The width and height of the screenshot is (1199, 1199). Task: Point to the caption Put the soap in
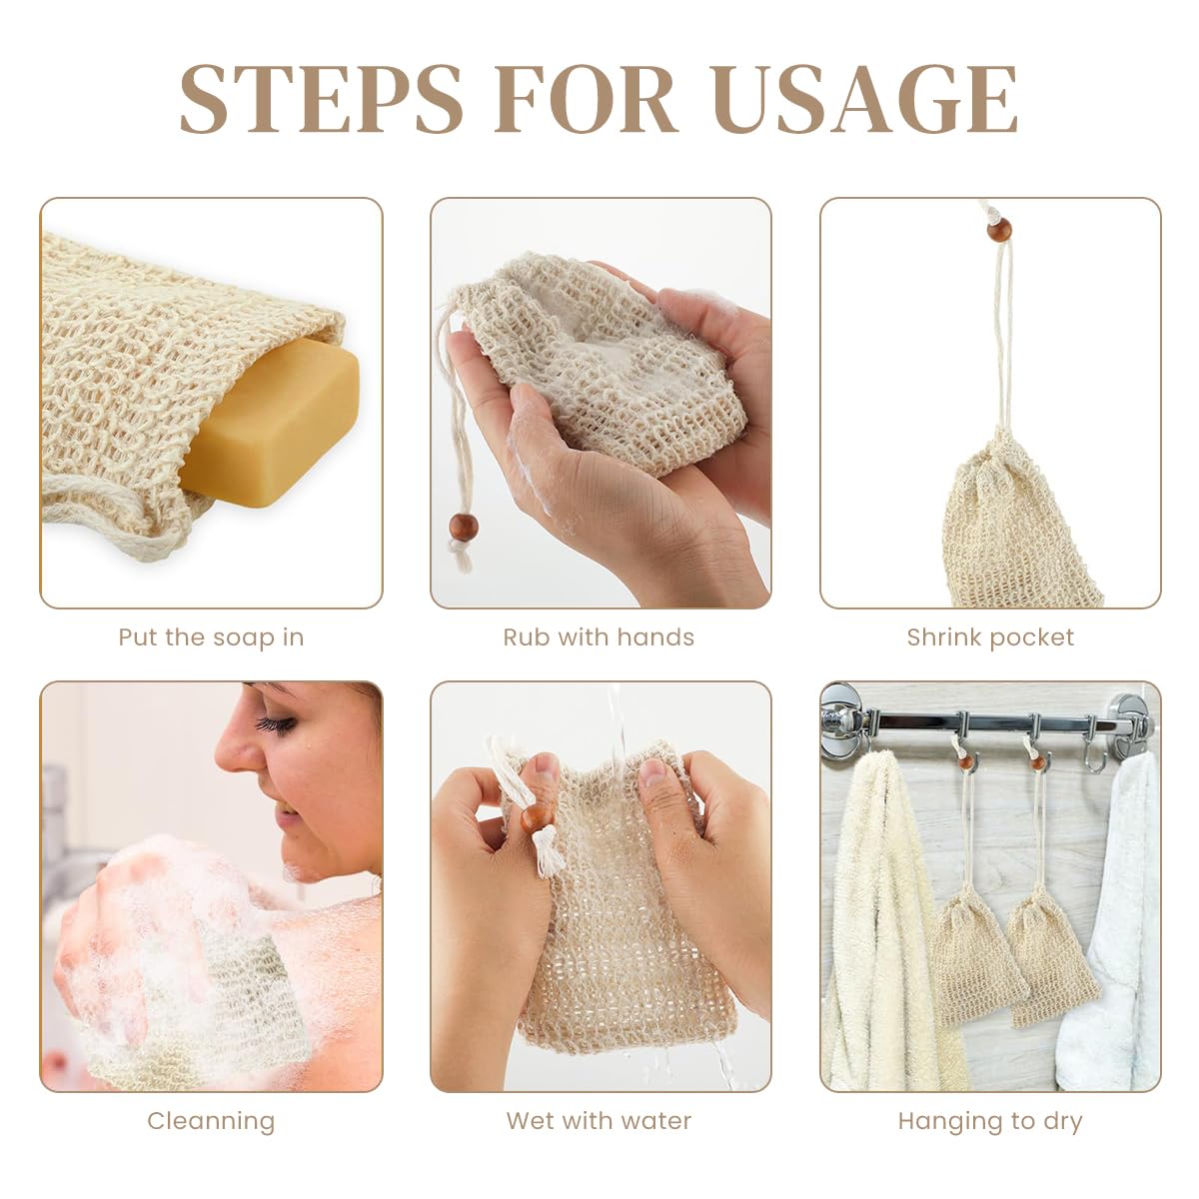(x=211, y=637)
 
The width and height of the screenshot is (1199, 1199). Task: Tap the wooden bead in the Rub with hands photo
(x=463, y=527)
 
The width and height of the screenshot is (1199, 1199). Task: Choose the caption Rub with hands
(x=599, y=637)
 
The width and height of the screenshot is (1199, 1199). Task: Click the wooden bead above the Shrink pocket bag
(x=998, y=231)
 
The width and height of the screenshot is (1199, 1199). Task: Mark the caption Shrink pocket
(x=990, y=637)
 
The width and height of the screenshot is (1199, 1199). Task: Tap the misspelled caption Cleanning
(x=211, y=1121)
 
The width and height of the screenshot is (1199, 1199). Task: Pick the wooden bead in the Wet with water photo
(x=537, y=819)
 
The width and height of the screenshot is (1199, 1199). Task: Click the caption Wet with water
(x=599, y=1121)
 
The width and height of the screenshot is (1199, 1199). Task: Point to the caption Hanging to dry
(x=990, y=1121)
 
